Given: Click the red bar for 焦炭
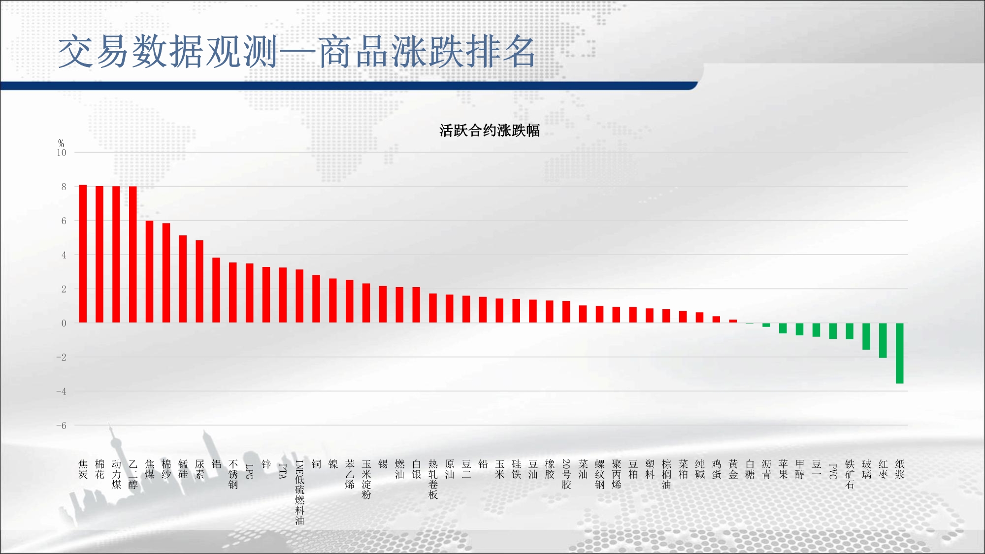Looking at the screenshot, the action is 83,254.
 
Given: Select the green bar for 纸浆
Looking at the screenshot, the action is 899,353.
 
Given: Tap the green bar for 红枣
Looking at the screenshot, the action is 883,340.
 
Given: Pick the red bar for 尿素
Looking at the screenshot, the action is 199,282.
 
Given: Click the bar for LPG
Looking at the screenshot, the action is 250,293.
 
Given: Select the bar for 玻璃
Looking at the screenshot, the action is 866,336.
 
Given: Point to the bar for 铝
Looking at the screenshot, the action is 216,290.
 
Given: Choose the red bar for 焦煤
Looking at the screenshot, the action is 149,272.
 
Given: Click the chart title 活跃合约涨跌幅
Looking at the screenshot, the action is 490,130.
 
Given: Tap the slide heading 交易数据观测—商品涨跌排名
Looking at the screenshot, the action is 296,52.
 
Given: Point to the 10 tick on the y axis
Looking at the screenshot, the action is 62,153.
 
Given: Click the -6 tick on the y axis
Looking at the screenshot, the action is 61,425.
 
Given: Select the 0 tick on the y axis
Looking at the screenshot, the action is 64,323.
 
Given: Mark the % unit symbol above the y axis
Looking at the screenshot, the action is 61,143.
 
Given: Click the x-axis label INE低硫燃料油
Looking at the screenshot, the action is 299,492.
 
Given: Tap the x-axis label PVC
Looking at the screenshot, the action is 833,471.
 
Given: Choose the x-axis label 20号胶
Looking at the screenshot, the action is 566,474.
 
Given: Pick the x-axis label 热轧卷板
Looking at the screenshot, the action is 433,480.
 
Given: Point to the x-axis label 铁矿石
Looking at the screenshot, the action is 850,474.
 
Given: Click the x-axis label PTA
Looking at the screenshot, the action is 283,471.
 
